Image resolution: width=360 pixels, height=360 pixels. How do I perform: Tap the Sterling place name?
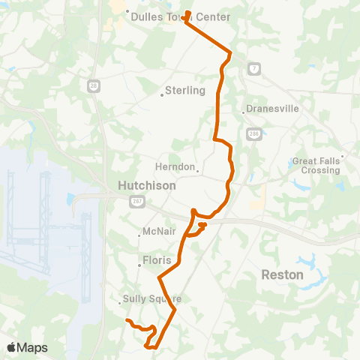tap(186, 91)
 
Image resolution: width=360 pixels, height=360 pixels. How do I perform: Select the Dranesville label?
tap(273, 109)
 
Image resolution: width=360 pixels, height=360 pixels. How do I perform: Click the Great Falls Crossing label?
tap(316, 165)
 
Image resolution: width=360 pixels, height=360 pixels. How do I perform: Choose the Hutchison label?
tap(146, 185)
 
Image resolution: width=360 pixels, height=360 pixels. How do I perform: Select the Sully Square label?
tap(151, 298)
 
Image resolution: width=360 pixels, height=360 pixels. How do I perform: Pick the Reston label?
tap(282, 274)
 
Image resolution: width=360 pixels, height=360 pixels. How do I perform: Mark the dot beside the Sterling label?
tap(162, 94)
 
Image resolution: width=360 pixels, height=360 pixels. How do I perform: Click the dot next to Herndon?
tap(198, 170)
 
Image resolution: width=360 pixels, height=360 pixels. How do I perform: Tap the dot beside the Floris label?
tap(140, 264)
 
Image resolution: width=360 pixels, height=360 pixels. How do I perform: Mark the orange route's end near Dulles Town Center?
tap(186, 13)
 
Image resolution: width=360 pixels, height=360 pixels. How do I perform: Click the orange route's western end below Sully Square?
tap(127, 321)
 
